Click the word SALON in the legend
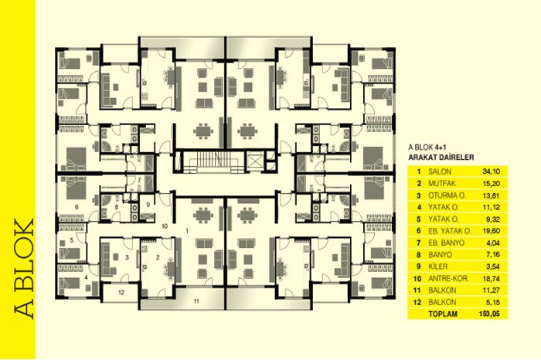tap(439, 172)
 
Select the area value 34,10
tap(491, 172)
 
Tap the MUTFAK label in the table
tap(442, 183)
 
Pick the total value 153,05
tap(489, 314)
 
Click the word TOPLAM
tap(443, 314)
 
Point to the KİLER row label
tap(438, 267)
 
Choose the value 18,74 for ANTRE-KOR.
tap(491, 279)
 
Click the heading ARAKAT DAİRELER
tap(441, 158)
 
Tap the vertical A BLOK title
tap(24, 269)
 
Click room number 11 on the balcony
tap(196, 301)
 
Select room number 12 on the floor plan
tap(121, 293)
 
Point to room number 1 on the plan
tap(187, 231)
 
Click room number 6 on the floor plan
tap(77, 207)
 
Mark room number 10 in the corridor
tap(165, 226)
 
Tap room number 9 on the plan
tap(148, 205)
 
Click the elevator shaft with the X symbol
tap(254, 161)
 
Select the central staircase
tap(213, 161)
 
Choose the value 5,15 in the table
tap(493, 302)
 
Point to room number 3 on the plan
tap(127, 257)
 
